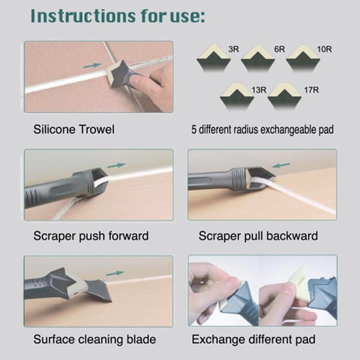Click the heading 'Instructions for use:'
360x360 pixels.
(x=117, y=16)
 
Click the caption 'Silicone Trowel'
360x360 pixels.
(x=74, y=129)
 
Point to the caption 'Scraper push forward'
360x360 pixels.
(x=91, y=236)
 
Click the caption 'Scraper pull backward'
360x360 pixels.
(x=258, y=236)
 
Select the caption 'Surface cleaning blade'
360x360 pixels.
(x=95, y=340)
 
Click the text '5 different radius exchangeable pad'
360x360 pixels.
(x=262, y=129)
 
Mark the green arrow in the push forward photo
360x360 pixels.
(x=118, y=165)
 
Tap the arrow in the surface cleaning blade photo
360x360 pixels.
(x=115, y=273)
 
